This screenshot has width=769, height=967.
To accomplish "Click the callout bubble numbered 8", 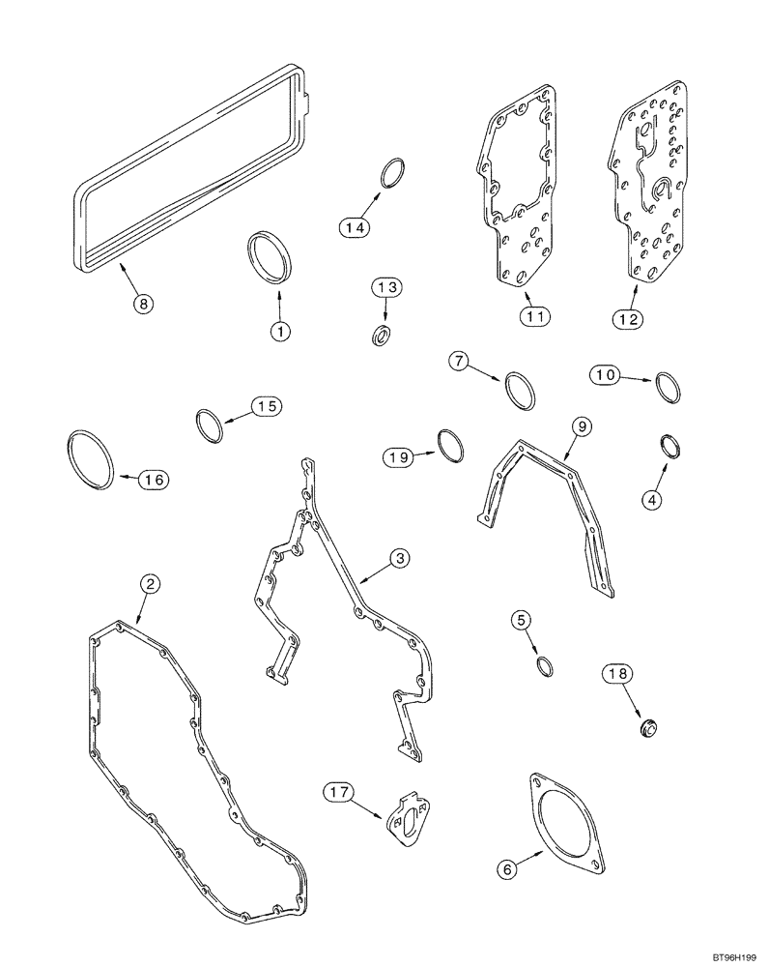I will coord(143,303).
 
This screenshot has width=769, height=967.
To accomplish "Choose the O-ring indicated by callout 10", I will coord(668,387).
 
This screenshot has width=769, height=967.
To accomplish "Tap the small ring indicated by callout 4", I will coord(669,447).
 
